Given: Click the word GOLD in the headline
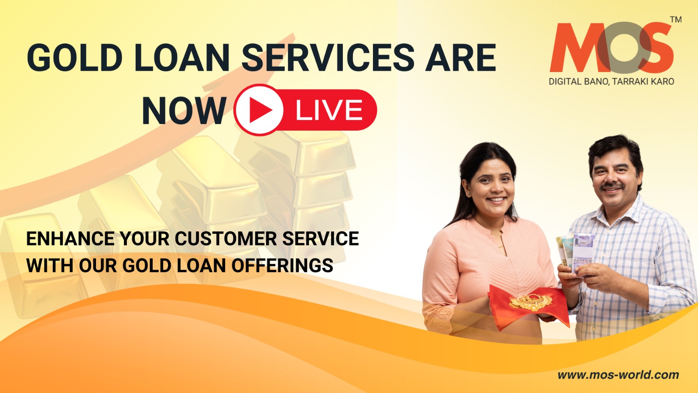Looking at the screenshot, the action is (75, 58).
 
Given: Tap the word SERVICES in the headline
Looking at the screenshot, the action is (328, 58).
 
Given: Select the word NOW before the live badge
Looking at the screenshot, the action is (184, 111).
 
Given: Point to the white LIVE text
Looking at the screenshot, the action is (329, 110).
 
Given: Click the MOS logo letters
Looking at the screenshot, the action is (611, 48).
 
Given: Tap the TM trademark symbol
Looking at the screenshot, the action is (676, 20).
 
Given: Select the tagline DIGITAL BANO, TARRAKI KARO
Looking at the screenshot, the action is (611, 82).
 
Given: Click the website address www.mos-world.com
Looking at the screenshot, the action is (618, 375).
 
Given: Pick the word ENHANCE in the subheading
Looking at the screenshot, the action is (70, 239).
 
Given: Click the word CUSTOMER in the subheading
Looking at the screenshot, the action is (226, 239).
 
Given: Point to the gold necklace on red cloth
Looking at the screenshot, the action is (530, 302).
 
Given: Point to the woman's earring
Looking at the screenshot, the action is (469, 194).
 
